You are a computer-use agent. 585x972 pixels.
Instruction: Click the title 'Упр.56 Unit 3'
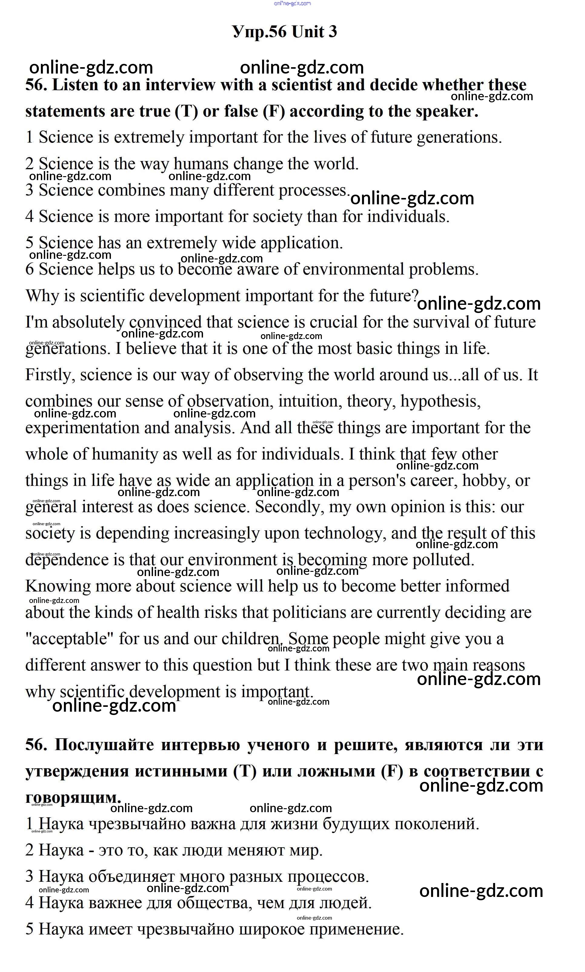pos(284,32)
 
